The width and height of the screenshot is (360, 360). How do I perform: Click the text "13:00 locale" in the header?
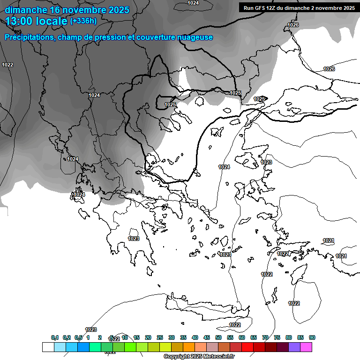click(36, 21)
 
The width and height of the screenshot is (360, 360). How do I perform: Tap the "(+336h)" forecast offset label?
click(83, 21)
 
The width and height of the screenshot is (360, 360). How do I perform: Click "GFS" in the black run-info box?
click(261, 8)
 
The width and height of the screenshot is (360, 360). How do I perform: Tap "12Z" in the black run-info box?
click(275, 8)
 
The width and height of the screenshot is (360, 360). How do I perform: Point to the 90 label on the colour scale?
click(312, 337)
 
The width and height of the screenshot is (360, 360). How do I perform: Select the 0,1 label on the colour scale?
click(55, 337)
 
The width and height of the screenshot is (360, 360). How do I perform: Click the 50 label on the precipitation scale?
click(218, 337)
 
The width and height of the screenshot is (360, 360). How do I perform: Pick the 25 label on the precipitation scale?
click(160, 337)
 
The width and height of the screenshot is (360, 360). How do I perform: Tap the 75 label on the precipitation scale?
click(277, 337)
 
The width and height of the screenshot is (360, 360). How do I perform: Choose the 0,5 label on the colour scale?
click(78, 337)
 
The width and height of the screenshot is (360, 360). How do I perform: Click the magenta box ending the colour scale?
click(306, 347)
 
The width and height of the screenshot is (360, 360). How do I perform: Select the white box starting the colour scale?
click(48, 347)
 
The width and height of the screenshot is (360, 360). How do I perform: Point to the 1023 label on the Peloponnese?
click(134, 239)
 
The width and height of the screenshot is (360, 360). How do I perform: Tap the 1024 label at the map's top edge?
click(193, 3)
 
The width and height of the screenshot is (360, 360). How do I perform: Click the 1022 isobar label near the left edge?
click(7, 65)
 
